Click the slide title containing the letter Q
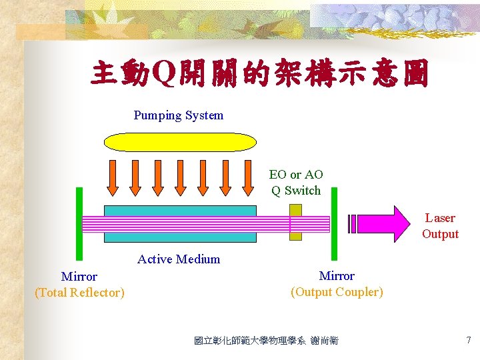[259, 75]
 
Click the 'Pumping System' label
[178, 115]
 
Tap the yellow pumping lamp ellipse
[181, 142]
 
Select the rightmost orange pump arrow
[247, 177]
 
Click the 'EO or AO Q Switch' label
[296, 183]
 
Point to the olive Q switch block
[295, 222]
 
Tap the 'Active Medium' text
[178, 259]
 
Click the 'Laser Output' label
[440, 226]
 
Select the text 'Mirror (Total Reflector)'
[79, 285]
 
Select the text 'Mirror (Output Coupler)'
[337, 284]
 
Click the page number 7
[468, 341]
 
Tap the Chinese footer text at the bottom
[266, 341]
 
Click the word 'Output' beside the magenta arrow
[440, 234]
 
